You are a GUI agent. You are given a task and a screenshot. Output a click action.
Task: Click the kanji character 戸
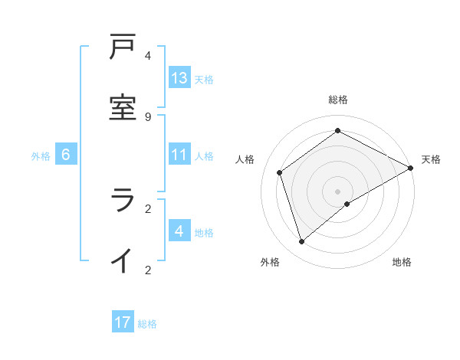pyautogui.click(x=123, y=47)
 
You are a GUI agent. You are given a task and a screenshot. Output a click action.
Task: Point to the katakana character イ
pyautogui.click(x=123, y=260)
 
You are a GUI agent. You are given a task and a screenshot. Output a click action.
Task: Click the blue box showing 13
pyautogui.click(x=179, y=78)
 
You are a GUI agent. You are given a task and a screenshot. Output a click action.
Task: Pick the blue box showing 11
pyautogui.click(x=179, y=155)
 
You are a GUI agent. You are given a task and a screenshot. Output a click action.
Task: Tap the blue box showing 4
pyautogui.click(x=179, y=231)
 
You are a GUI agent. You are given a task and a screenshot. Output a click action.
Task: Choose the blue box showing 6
pyautogui.click(x=66, y=155)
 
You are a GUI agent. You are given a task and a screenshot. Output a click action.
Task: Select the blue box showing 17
pyautogui.click(x=123, y=322)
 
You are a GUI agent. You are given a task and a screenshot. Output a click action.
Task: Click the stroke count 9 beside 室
pyautogui.click(x=148, y=116)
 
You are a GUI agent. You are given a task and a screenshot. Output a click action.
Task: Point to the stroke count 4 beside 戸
pyautogui.click(x=148, y=56)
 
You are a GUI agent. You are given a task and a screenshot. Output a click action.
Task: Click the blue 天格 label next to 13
pyautogui.click(x=203, y=79)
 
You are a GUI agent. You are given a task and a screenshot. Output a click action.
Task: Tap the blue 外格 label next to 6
pyautogui.click(x=41, y=155)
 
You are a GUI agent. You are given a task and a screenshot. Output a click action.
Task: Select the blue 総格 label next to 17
pyautogui.click(x=147, y=323)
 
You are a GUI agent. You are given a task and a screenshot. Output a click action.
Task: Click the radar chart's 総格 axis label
pyautogui.click(x=338, y=100)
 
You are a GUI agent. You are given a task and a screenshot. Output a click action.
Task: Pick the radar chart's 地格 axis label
pyautogui.click(x=402, y=263)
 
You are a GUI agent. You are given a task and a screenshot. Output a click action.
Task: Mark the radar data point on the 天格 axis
pyautogui.click(x=411, y=168)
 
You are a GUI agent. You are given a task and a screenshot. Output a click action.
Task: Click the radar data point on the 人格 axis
pyautogui.click(x=280, y=172)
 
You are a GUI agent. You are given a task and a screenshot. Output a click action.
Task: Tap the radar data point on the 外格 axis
pyautogui.click(x=301, y=242)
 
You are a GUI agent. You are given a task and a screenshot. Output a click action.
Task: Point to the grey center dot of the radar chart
pyautogui.click(x=338, y=191)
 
